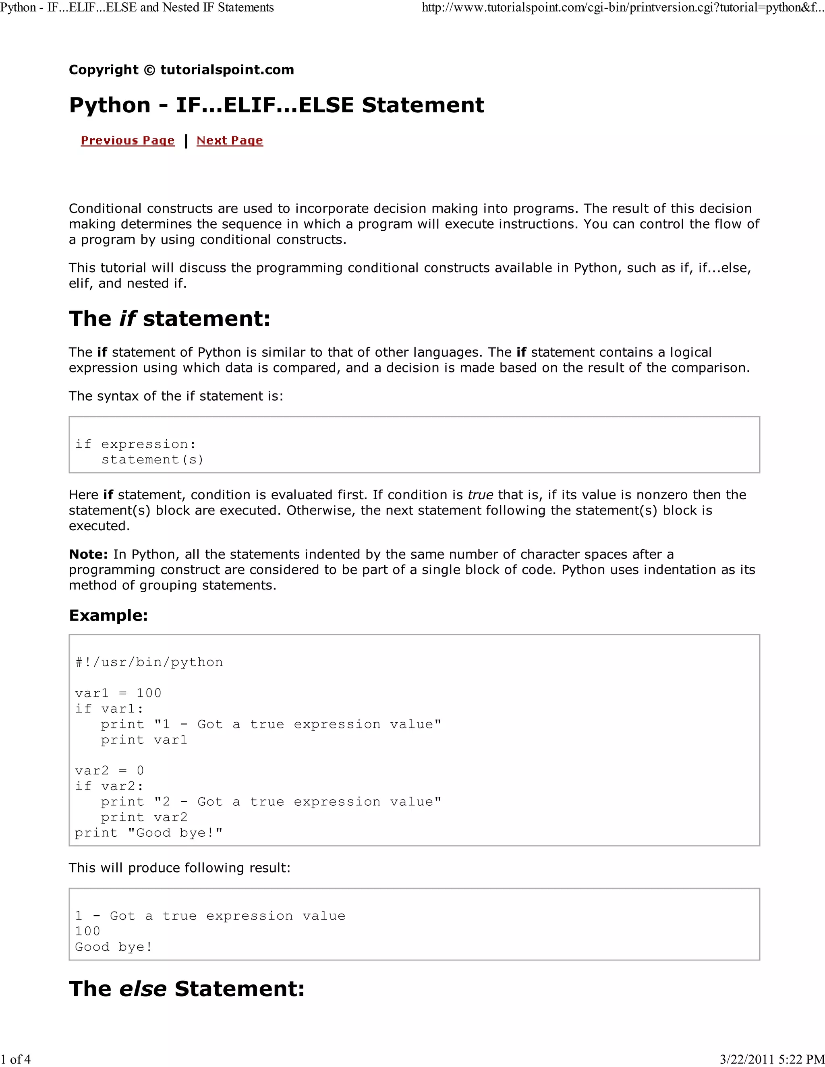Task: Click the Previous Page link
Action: coord(128,141)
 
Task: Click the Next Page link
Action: coord(230,141)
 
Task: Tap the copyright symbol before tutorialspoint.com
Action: coord(149,70)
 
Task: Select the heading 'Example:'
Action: coord(108,615)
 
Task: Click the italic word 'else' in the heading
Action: coord(143,989)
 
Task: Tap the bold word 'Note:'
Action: coord(88,554)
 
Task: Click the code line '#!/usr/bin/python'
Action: coord(149,662)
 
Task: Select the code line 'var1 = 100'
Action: coord(118,693)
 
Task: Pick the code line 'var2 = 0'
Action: coord(110,770)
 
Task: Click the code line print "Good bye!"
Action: coord(149,833)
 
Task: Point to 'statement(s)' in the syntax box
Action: coord(152,459)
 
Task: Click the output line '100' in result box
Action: coord(87,931)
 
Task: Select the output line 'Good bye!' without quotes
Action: coord(113,947)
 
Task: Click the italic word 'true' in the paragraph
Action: coord(480,495)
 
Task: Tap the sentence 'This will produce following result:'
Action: coord(179,868)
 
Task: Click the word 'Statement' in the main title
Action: coord(423,105)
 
